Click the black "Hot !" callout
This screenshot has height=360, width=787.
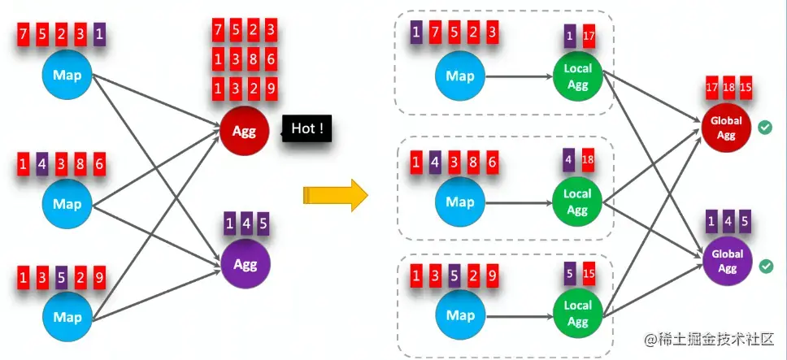[x=307, y=128]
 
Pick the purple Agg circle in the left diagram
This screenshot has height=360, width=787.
[x=244, y=264]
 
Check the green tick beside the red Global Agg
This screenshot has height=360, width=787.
[x=764, y=128]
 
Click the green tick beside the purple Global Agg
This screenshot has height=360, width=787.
[x=764, y=266]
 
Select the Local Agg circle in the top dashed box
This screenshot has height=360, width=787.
[x=577, y=76]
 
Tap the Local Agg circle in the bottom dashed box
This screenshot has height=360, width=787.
[x=577, y=312]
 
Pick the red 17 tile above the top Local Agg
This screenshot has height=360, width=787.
[x=589, y=37]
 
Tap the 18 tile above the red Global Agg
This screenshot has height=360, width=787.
[x=727, y=87]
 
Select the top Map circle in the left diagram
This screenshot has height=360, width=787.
[x=67, y=76]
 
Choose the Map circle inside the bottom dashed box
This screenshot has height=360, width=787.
[x=460, y=314]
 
